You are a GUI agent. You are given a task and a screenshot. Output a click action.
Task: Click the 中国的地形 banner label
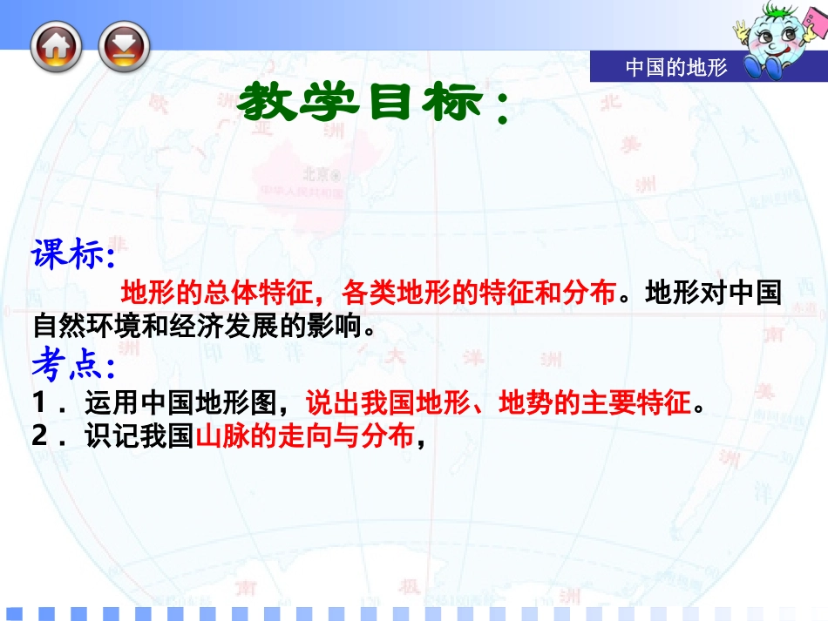675,68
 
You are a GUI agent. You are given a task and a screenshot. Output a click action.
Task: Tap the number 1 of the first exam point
42,404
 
